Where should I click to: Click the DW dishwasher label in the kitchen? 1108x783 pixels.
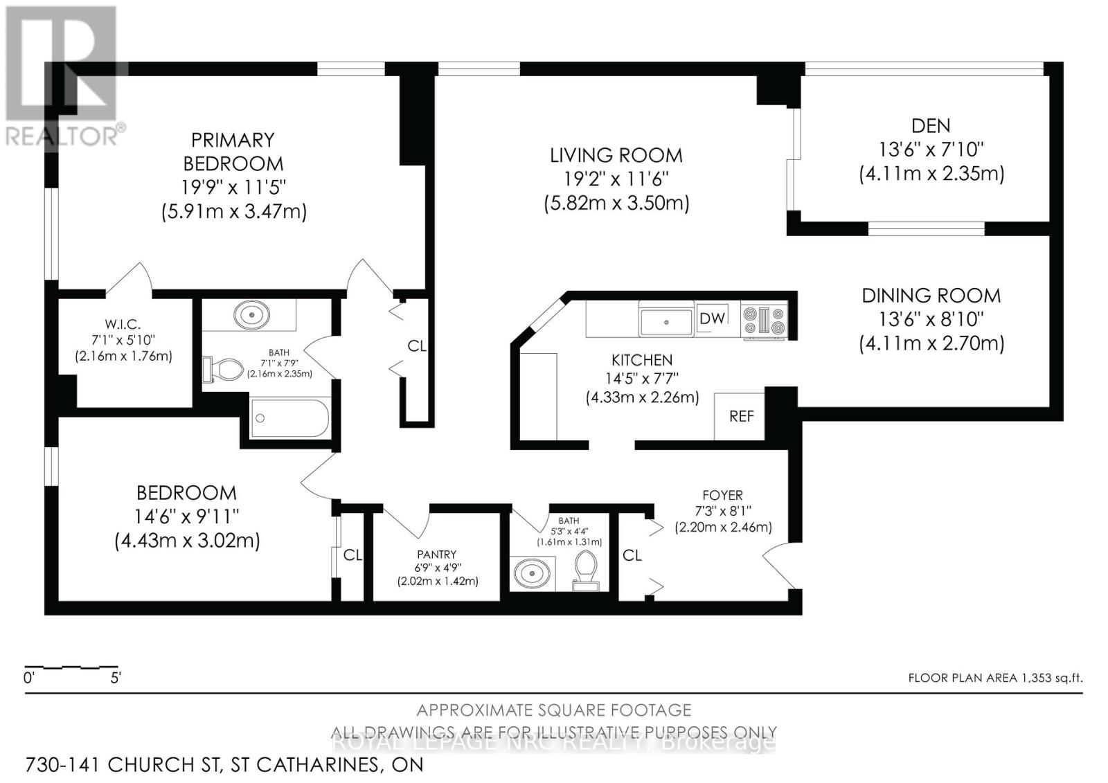[x=713, y=318]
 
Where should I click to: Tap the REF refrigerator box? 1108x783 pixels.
[x=740, y=416]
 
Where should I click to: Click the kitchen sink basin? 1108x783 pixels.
[x=665, y=322]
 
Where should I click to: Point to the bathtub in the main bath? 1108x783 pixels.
[x=290, y=418]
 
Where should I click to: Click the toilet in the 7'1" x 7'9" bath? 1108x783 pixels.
[x=223, y=370]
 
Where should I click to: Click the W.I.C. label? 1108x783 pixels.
[x=123, y=325]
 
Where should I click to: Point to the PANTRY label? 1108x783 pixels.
[x=437, y=555]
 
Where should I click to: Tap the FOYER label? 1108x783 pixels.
[x=723, y=495]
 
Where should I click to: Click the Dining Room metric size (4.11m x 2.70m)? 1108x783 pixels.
[x=931, y=343]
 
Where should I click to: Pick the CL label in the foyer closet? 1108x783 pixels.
[x=632, y=555]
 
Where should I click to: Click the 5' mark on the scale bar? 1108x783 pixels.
[x=115, y=678]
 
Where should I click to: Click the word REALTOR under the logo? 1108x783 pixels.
[x=61, y=137]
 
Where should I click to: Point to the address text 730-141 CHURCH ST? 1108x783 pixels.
[x=122, y=765]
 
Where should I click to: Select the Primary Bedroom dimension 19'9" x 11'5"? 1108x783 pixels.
[x=233, y=188]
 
